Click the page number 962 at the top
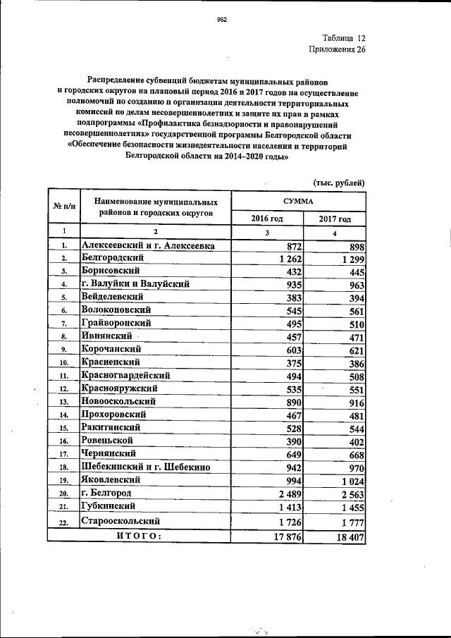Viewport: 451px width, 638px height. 221,20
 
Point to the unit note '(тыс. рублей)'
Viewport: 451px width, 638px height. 339,183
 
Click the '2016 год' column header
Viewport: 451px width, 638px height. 266,219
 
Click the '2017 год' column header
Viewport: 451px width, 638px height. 333,219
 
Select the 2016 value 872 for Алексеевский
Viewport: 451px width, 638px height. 292,245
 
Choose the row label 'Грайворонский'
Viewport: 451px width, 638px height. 117,322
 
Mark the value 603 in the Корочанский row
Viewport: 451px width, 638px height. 292,350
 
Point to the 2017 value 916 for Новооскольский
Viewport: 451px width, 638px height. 354,403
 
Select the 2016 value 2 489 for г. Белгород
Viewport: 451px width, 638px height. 287,493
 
